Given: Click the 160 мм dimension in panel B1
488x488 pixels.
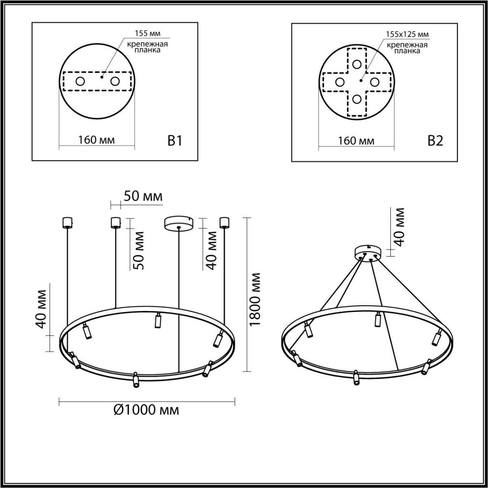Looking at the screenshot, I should (x=97, y=140).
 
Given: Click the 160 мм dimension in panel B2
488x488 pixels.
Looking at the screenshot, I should (x=356, y=141).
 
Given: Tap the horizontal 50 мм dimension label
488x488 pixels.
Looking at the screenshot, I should (x=143, y=196).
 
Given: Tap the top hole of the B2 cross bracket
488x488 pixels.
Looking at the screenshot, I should (x=357, y=64).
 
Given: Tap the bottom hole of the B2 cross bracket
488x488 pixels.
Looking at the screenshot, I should (x=357, y=98).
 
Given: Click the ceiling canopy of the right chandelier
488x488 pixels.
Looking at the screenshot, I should (x=368, y=253).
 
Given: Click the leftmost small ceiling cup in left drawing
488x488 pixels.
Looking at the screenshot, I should (x=66, y=222).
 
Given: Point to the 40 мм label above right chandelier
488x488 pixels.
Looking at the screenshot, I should (x=400, y=227).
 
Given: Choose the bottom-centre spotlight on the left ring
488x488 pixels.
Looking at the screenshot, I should (x=135, y=379).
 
